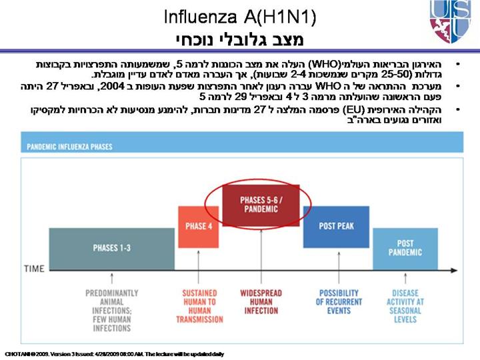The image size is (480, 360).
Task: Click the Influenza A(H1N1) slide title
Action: point(239,17)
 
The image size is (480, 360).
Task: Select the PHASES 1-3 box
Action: point(111,247)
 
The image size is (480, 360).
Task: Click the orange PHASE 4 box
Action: point(197,227)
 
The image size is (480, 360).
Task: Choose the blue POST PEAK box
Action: point(336,227)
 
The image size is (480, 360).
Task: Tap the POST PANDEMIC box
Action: point(405,248)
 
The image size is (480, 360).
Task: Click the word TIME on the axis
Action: point(34,269)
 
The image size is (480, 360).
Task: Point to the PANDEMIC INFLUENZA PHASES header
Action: point(70,145)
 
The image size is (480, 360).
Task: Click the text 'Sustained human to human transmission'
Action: point(199,306)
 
